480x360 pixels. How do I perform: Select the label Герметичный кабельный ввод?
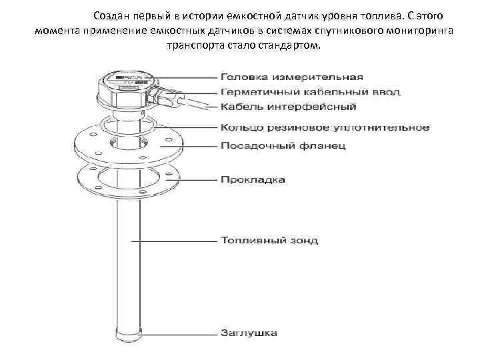tap(306, 91)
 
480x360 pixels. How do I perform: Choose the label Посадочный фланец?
tap(283, 145)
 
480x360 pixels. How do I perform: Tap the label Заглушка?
tap(248, 331)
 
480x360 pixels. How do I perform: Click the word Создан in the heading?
tap(111, 15)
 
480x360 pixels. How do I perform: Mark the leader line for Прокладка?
tap(193, 179)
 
